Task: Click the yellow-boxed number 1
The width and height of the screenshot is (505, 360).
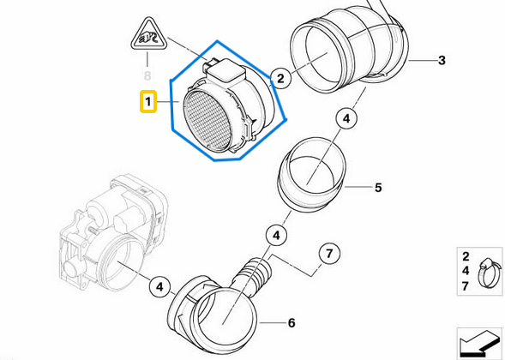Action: click(147, 104)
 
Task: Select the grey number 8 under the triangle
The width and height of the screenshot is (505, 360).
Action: click(147, 62)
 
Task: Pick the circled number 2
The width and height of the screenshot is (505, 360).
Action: click(279, 79)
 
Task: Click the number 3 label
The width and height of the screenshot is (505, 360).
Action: click(442, 60)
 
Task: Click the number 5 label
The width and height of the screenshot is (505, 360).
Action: click(376, 186)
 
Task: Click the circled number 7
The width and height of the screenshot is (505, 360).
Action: click(327, 254)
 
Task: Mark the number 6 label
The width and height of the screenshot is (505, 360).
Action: click(291, 323)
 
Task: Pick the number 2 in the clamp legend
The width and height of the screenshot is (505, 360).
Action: click(466, 256)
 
